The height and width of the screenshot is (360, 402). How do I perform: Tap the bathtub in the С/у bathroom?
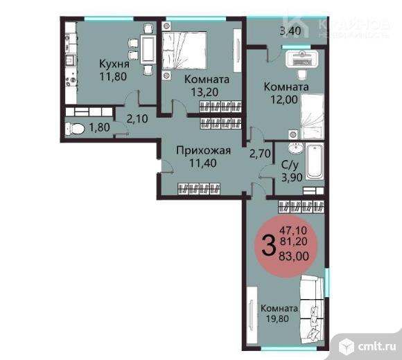[315, 163]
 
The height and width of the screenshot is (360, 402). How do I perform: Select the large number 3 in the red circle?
[268, 244]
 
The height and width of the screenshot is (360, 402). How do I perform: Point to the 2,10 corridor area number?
[137, 118]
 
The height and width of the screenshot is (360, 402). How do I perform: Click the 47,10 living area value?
[294, 230]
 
